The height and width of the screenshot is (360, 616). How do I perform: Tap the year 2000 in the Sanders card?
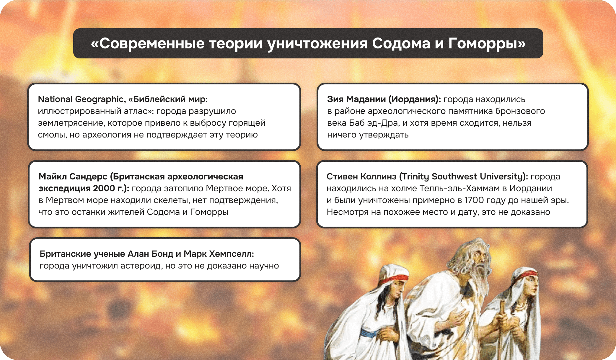pyautogui.click(x=104, y=189)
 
